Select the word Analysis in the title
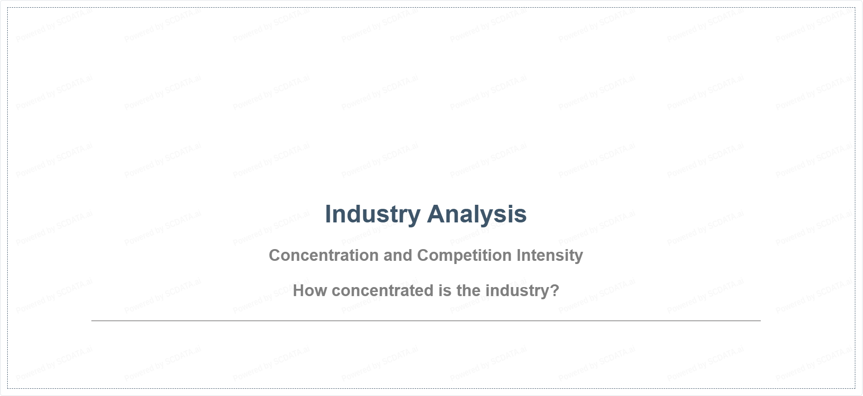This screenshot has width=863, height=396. point(477,214)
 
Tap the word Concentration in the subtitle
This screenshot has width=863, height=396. point(324,255)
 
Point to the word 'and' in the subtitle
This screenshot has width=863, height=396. point(398,255)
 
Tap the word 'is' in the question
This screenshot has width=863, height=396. point(445,291)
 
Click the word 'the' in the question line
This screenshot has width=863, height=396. point(469,291)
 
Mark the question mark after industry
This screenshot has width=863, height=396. point(555,291)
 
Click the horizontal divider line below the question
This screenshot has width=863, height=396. point(426,321)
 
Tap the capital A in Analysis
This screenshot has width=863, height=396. point(437,214)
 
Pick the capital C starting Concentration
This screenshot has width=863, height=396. point(275,255)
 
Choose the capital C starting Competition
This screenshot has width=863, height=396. point(423,255)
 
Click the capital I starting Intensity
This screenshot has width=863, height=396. point(519,255)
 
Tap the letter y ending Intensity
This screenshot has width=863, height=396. point(579,258)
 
